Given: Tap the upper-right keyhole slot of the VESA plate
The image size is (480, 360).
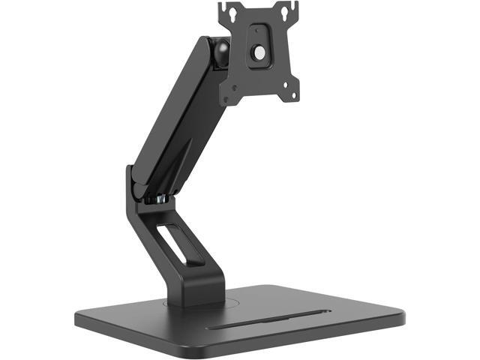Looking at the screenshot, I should (x=286, y=12).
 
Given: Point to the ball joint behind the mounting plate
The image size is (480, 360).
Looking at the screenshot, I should (x=223, y=51).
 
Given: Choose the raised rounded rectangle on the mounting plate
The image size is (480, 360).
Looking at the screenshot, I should (x=259, y=44).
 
